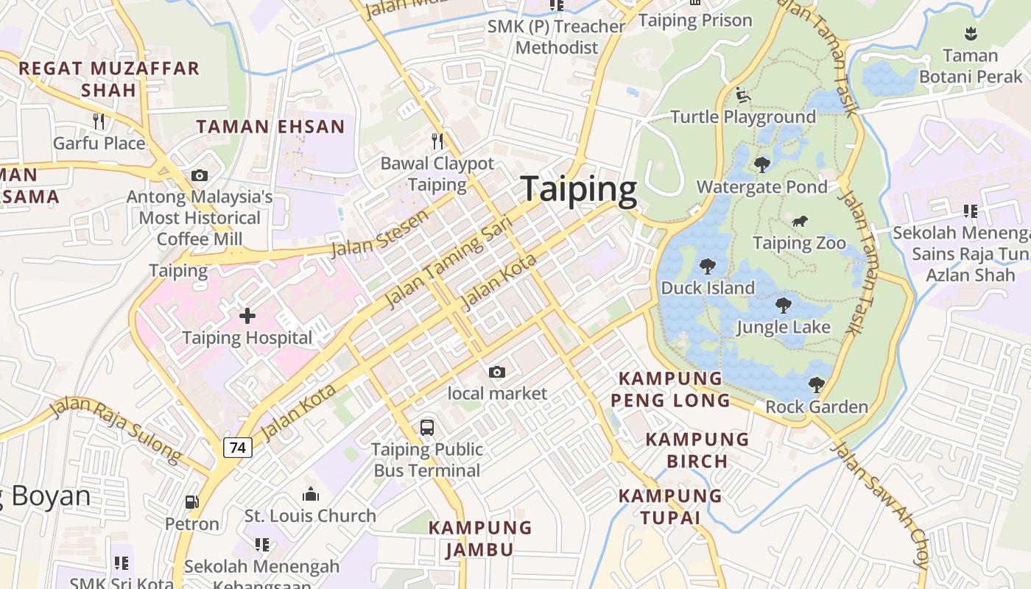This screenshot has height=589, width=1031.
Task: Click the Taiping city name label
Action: (x=578, y=190)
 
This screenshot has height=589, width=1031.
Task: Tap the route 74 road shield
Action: (x=237, y=447)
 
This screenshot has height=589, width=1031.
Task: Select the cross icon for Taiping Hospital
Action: (x=247, y=316)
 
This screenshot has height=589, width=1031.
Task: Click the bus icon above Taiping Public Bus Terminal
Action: (x=426, y=427)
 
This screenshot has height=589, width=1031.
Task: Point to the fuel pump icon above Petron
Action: (x=191, y=502)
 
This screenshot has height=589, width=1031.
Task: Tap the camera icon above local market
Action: (x=497, y=372)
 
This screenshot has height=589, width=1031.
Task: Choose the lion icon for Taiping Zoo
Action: (x=799, y=221)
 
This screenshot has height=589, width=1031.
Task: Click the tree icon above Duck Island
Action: (x=708, y=266)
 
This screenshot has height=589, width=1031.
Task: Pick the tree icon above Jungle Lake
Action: (x=784, y=306)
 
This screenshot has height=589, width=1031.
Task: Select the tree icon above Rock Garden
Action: (x=816, y=384)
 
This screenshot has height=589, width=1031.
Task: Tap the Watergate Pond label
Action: (x=762, y=187)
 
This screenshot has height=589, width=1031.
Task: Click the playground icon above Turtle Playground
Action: (x=743, y=95)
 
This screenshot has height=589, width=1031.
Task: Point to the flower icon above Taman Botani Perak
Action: (x=971, y=33)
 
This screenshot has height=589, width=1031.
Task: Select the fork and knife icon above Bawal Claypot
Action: (x=437, y=141)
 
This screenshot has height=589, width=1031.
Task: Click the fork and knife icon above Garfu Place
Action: (x=99, y=121)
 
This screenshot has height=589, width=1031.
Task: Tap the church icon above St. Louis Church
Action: (x=311, y=493)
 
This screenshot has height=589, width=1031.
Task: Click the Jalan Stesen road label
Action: (x=379, y=233)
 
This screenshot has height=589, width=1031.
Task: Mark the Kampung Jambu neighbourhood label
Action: (x=480, y=538)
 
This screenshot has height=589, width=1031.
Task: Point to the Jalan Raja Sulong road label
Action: (x=116, y=430)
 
